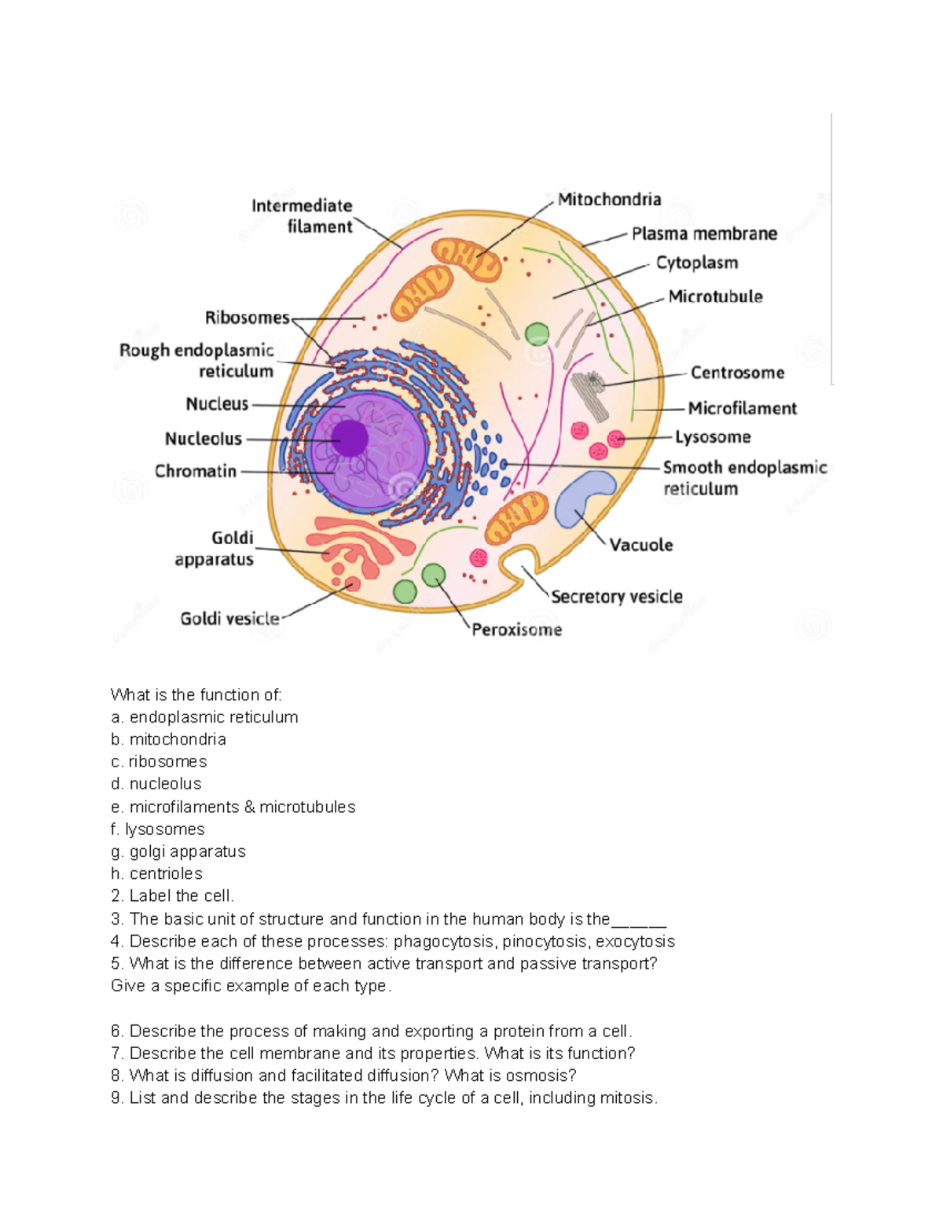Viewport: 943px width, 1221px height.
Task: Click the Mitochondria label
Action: (x=609, y=200)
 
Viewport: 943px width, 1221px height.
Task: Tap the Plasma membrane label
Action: (x=704, y=234)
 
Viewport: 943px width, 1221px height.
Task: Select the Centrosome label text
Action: (x=737, y=373)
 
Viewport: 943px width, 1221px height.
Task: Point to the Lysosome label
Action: (x=713, y=437)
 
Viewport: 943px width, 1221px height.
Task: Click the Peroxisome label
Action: (x=516, y=630)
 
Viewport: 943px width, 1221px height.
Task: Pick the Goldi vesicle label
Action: (x=229, y=619)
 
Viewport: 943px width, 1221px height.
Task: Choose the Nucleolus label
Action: (x=204, y=439)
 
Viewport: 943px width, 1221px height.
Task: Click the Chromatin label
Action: (x=196, y=471)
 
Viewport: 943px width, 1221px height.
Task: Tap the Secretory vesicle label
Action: (x=616, y=597)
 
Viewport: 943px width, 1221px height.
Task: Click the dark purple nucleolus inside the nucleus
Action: (x=349, y=438)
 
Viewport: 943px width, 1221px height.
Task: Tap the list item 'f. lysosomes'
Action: (x=158, y=829)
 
